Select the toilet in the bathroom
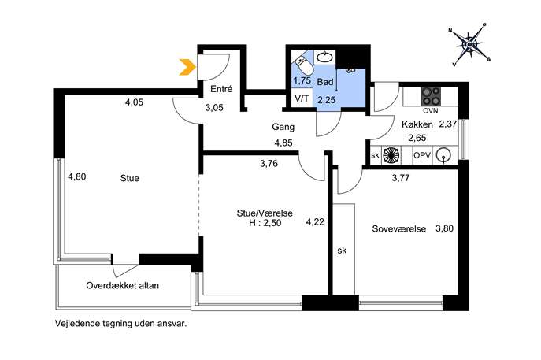point(301,63)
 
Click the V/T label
point(302,99)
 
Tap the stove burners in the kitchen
point(430,95)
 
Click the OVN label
point(430,111)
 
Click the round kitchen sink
point(446,155)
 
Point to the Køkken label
point(417,124)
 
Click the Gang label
point(283,127)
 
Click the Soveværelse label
point(399,229)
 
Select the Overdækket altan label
point(122,286)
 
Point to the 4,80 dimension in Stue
point(76,177)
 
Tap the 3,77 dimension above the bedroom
point(402,178)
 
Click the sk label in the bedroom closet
point(342,251)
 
